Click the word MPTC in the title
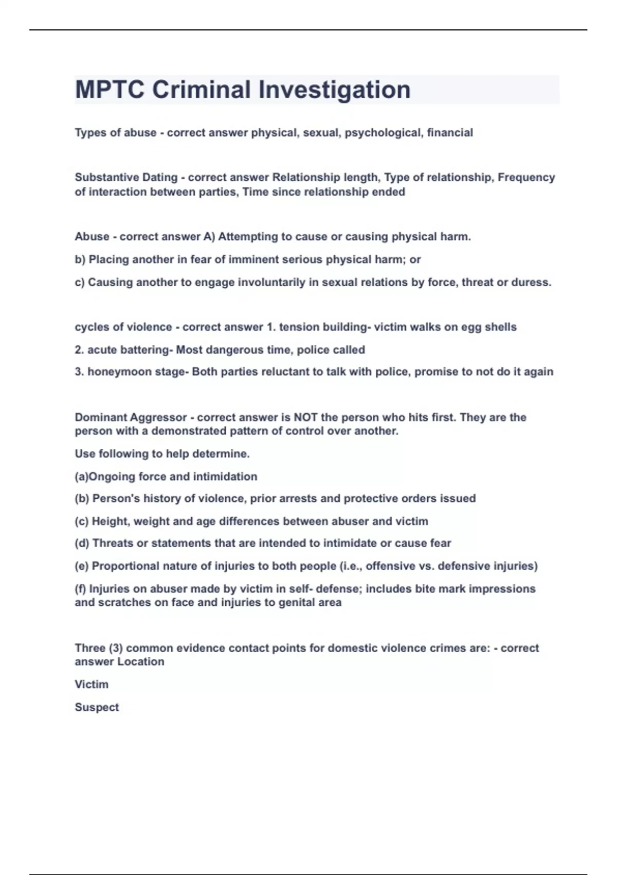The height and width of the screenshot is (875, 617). [109, 90]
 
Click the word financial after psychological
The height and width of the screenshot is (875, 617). [450, 133]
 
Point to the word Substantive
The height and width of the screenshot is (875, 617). [100, 178]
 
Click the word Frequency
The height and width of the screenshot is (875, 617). [526, 178]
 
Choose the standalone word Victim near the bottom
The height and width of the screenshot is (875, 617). [92, 685]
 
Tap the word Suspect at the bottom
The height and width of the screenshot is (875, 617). [97, 707]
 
